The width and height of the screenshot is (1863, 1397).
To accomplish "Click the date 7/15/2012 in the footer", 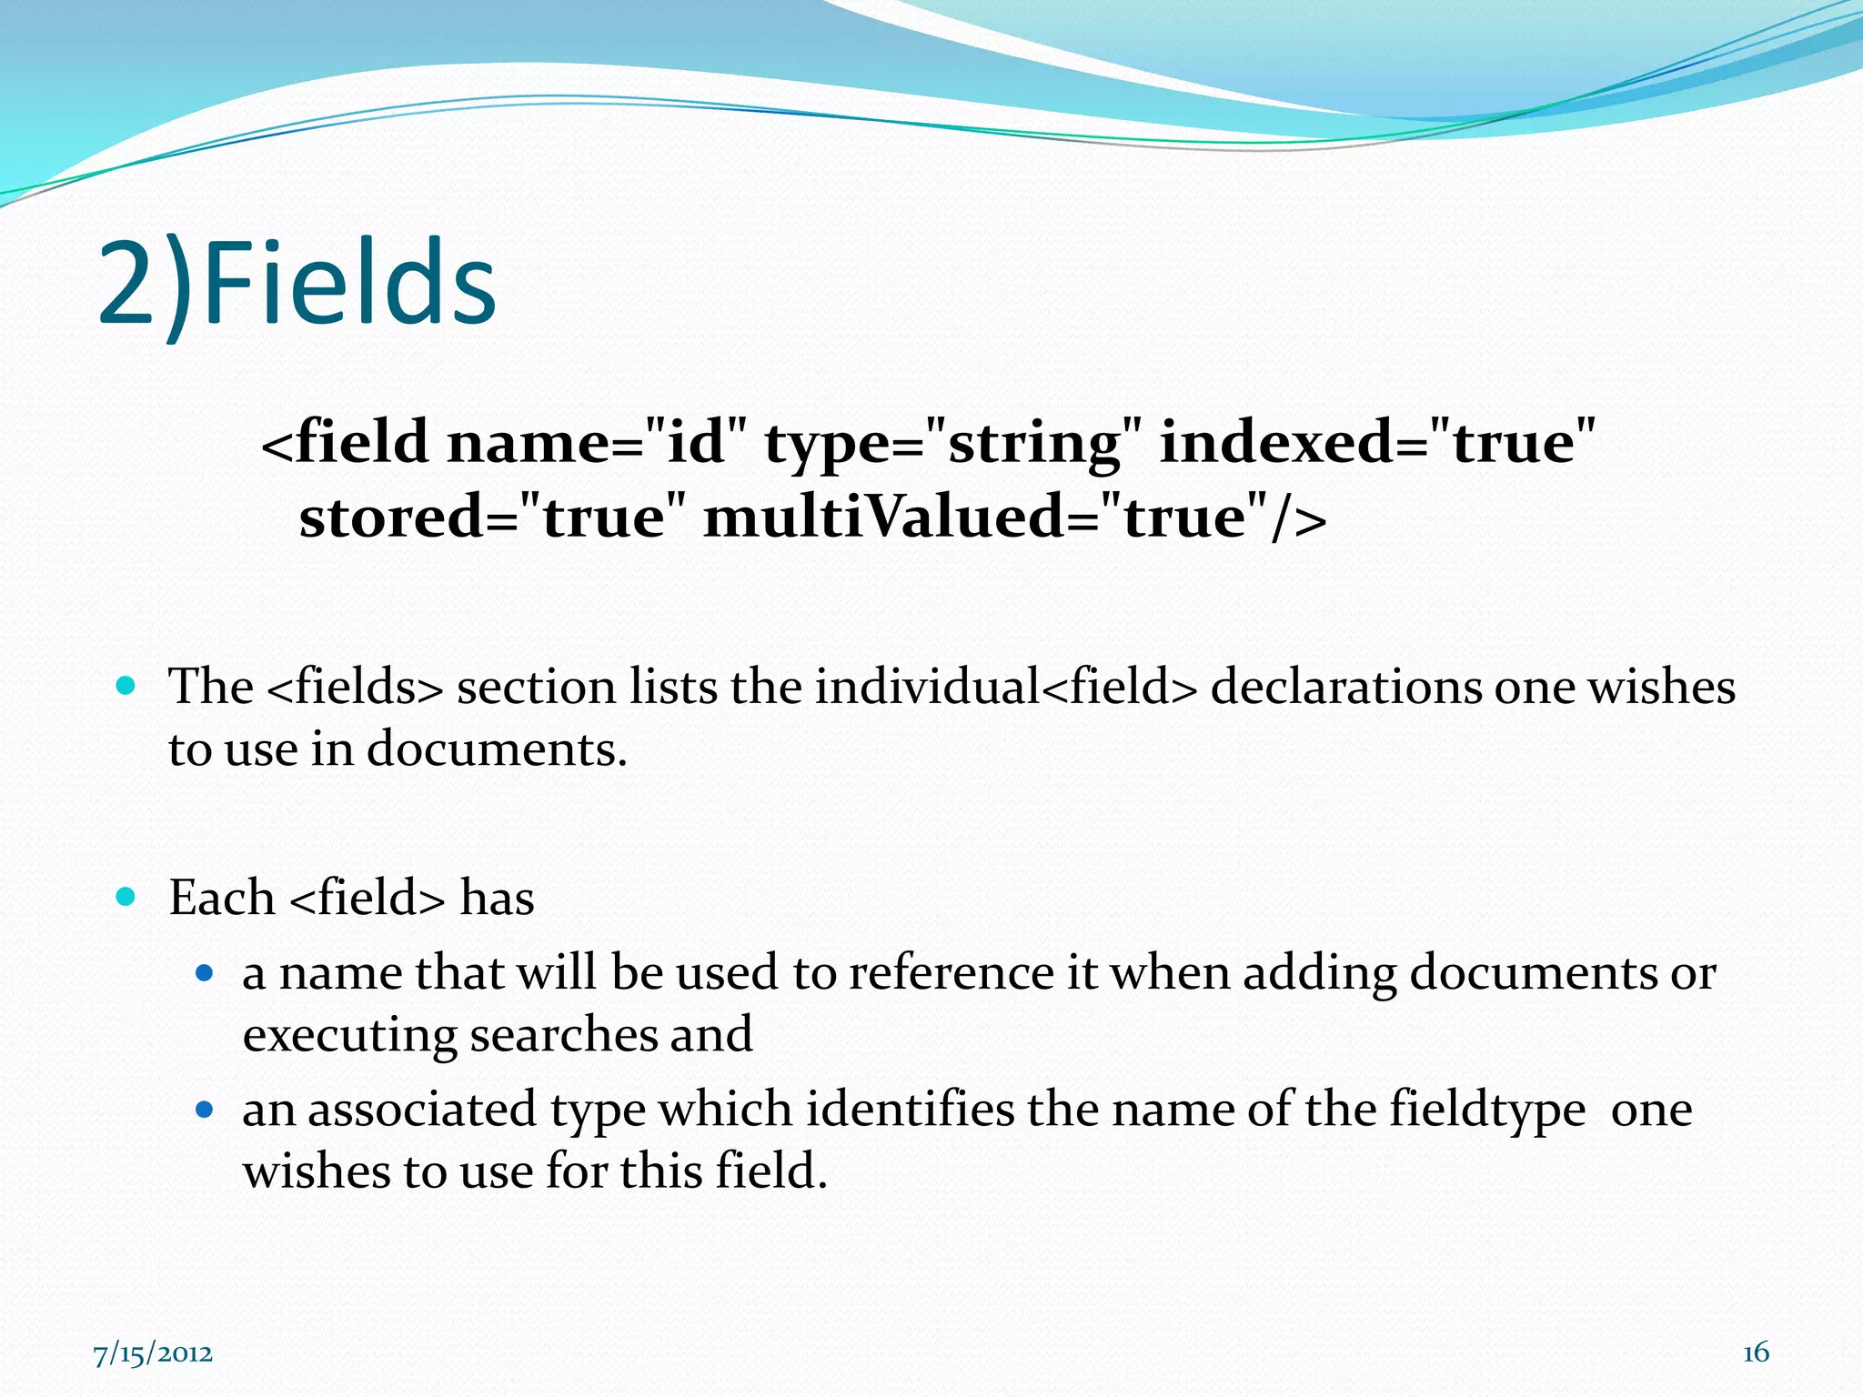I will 153,1354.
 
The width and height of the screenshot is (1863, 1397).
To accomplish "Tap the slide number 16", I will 1756,1352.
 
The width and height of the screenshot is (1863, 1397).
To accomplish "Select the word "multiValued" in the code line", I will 883,518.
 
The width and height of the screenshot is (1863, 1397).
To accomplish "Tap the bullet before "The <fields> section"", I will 126,685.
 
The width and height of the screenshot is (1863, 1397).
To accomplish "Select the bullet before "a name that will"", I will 205,973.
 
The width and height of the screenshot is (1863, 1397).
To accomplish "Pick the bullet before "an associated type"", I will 205,1110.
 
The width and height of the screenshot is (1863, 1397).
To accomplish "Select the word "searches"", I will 563,1035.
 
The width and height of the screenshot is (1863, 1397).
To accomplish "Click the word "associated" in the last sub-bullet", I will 422,1110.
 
